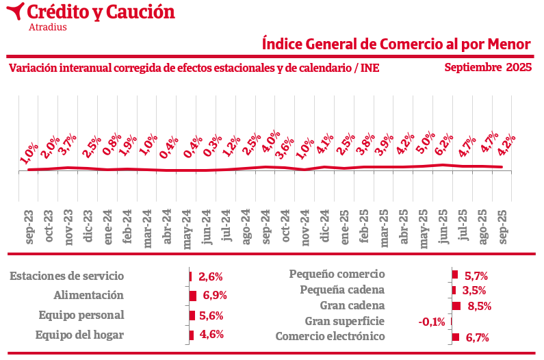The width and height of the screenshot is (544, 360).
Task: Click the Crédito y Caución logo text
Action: pos(101,12)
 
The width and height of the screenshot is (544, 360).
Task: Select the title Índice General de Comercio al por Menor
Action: pos(397,44)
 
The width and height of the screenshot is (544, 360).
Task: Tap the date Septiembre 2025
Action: pos(488,67)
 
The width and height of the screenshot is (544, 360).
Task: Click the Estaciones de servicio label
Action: pos(67,277)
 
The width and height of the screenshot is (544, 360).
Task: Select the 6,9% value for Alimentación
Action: pos(213,296)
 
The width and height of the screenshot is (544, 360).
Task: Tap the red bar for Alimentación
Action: pos(193,296)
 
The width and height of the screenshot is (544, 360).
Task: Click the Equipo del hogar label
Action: pos(79,335)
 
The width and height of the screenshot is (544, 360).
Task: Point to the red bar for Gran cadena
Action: pos(456,306)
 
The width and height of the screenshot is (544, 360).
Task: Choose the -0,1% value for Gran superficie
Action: pos(431,322)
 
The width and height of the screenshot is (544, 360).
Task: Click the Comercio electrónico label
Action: pos(330,337)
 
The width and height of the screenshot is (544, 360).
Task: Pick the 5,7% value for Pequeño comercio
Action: pos(476,276)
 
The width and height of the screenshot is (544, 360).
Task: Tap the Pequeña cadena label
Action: pos(342,290)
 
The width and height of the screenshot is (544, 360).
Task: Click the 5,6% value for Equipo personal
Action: pos(211,316)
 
